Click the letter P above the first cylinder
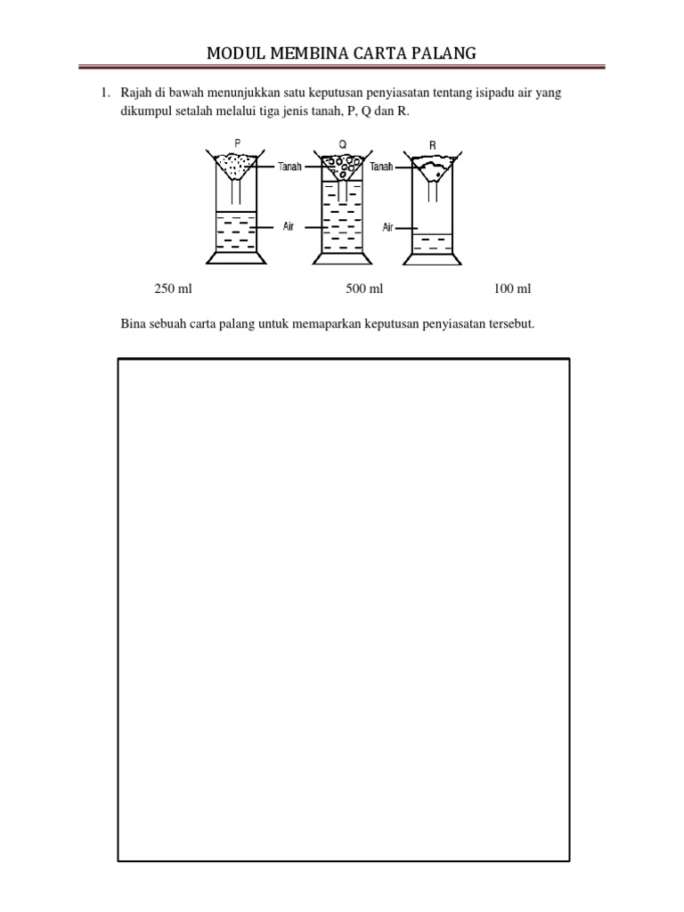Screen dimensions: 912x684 point(236,142)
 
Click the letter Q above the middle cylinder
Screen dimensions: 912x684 point(342,142)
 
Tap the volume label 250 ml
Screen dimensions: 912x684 point(174,289)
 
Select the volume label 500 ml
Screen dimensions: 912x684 point(364,289)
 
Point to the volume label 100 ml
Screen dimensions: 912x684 point(512,289)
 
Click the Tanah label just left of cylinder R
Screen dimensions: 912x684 point(381,166)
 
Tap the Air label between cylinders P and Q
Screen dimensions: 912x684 point(289,227)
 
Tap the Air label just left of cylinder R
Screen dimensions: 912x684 point(388,227)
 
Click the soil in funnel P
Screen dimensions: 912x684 point(237,163)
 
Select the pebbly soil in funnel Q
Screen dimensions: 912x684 point(342,165)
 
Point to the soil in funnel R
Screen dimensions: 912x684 point(434,167)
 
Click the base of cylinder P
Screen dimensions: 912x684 point(236,258)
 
